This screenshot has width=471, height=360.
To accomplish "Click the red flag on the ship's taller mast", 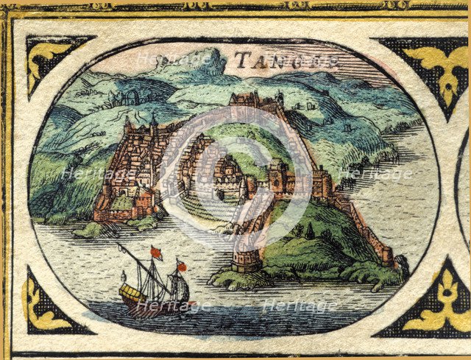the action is pyautogui.click(x=155, y=253).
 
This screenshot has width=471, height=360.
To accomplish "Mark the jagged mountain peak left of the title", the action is pyautogui.click(x=207, y=57).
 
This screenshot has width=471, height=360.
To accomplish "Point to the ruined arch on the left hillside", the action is pyautogui.click(x=132, y=96).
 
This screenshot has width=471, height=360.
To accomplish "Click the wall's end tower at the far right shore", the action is pyautogui.click(x=401, y=262).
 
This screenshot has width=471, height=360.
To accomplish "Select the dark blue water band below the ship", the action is pyautogui.click(x=221, y=317).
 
